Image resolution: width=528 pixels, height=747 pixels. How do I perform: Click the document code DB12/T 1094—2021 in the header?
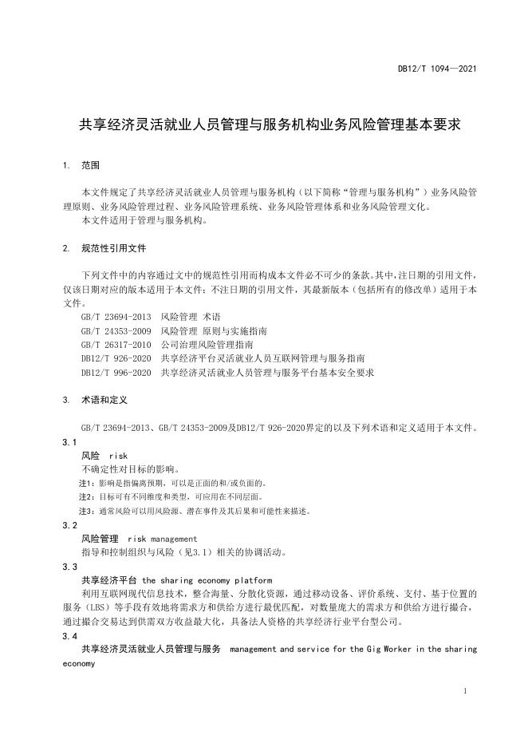coord(437,69)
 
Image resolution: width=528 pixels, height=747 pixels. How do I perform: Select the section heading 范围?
coord(90,166)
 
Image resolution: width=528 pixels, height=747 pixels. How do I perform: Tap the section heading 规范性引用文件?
coord(113,248)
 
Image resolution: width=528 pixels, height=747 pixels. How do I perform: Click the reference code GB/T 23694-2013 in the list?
coord(116,317)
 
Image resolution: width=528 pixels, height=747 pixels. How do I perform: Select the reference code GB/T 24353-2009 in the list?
coord(116,330)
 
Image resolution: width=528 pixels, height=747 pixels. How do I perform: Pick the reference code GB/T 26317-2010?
coord(116,344)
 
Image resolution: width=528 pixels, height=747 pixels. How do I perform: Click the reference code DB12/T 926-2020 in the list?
coord(116,358)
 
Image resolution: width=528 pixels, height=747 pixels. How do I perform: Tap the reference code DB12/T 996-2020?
coord(116,372)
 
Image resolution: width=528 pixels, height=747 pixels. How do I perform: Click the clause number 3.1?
coord(69,442)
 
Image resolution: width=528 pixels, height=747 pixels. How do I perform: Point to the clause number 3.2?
coord(69,525)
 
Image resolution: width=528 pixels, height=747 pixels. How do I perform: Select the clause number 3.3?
coord(69,567)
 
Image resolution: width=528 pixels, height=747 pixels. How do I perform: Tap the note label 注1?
coord(85,483)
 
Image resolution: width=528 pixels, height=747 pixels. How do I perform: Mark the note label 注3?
coord(85,511)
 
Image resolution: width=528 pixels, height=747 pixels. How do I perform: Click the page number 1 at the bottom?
coord(465,691)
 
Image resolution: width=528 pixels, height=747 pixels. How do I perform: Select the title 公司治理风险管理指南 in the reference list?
coord(206,344)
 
